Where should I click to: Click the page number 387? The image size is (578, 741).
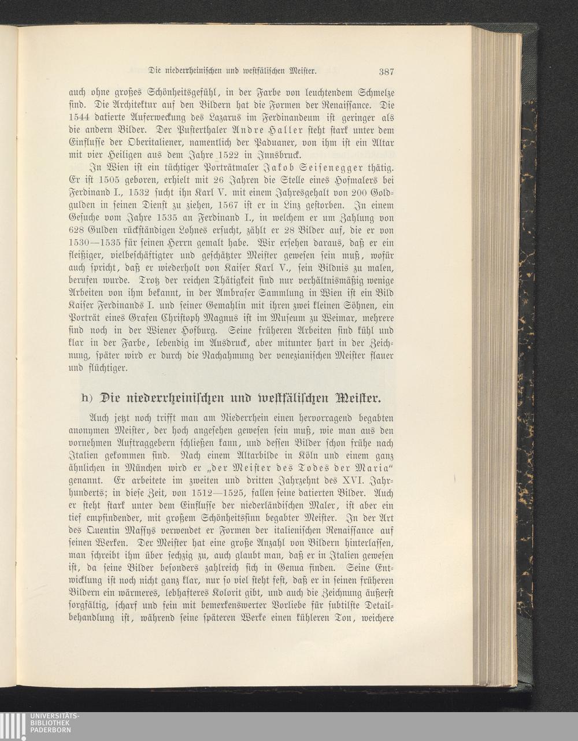[386, 72]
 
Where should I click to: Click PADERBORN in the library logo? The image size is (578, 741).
[51, 730]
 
